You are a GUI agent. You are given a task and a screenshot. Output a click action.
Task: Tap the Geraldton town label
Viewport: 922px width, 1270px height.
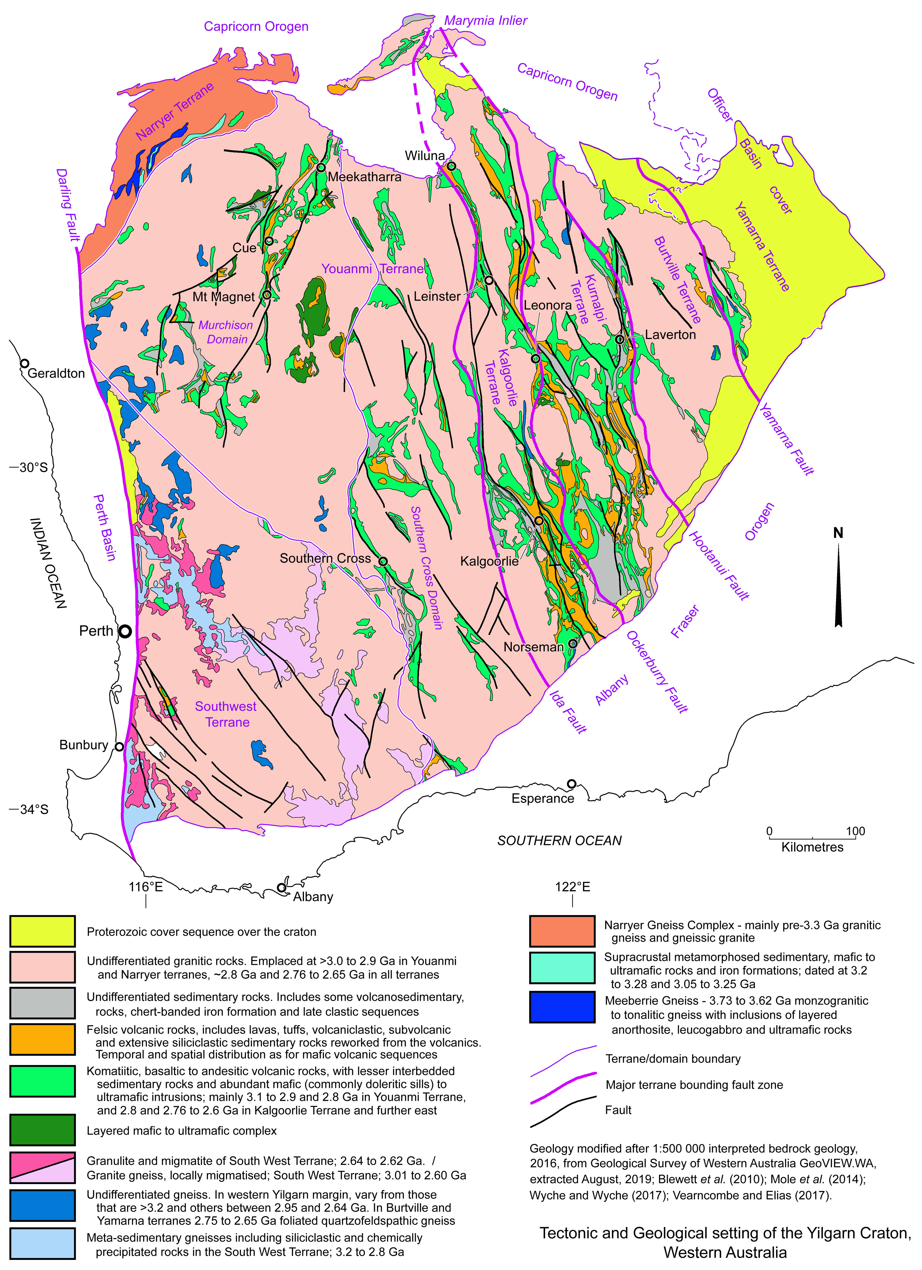pyautogui.click(x=56, y=374)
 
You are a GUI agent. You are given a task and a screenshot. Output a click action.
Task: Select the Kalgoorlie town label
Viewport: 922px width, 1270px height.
pyautogui.click(x=489, y=561)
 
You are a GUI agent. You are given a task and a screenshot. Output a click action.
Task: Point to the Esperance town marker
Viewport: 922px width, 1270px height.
pyautogui.click(x=572, y=783)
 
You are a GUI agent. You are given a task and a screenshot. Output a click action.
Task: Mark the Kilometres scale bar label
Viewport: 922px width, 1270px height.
pyautogui.click(x=812, y=847)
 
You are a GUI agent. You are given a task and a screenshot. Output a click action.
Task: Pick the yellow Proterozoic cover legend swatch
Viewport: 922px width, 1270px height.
pyautogui.click(x=43, y=931)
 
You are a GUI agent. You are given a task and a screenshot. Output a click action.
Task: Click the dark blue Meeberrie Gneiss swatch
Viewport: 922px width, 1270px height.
pyautogui.click(x=562, y=1007)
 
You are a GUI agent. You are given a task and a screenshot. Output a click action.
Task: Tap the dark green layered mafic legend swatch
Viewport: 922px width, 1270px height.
pyautogui.click(x=43, y=1130)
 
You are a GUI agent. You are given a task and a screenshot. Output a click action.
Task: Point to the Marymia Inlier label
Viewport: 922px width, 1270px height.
pyautogui.click(x=485, y=21)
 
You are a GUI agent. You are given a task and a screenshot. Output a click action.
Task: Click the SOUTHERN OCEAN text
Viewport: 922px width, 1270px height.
pyautogui.click(x=559, y=841)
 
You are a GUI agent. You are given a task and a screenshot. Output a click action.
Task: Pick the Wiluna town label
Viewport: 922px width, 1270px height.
pyautogui.click(x=425, y=156)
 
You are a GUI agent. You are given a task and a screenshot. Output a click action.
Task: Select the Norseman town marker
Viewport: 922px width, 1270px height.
pyautogui.click(x=573, y=644)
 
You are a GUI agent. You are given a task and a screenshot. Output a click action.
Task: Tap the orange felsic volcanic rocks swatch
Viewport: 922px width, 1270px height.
pyautogui.click(x=43, y=1039)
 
